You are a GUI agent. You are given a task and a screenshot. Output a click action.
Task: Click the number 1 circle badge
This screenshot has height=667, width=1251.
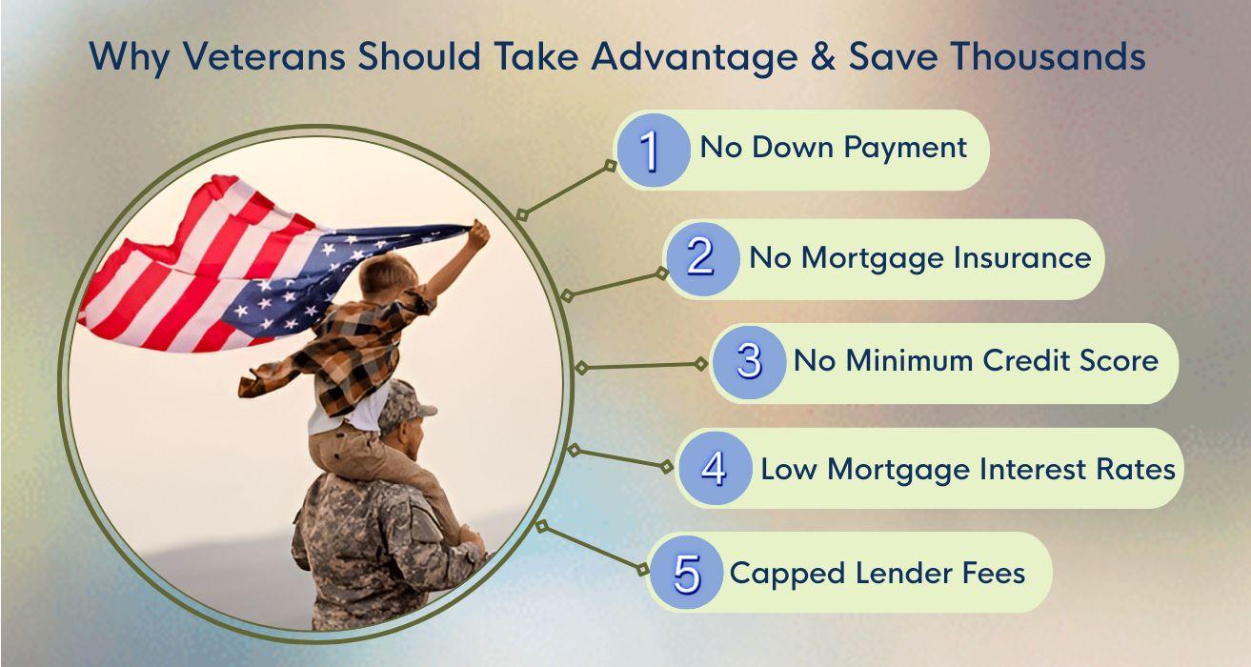click(652, 151)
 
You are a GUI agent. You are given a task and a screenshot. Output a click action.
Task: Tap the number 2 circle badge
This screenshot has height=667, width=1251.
click(701, 259)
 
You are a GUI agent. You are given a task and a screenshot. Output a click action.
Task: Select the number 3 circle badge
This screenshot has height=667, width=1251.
click(749, 362)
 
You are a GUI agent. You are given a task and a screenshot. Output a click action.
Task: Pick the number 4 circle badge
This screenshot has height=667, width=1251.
click(715, 470)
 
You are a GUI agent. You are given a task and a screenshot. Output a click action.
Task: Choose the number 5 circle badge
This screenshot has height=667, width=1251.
click(685, 574)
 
